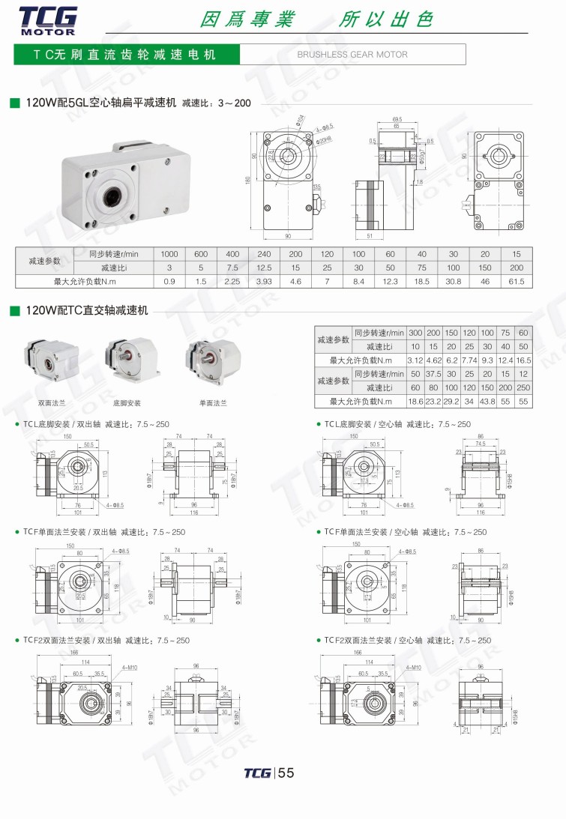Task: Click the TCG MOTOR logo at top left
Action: pos(46,19)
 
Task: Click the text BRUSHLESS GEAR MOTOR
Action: pos(352,55)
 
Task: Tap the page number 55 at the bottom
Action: pos(286,773)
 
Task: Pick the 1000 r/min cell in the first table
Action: pos(169,254)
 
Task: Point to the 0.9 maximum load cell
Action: pos(169,282)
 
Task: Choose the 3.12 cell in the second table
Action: pos(415,360)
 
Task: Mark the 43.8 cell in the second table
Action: pos(488,402)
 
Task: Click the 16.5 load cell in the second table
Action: pos(523,360)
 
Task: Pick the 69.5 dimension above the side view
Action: pos(397,119)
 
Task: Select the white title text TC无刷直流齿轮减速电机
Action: pos(124,55)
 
